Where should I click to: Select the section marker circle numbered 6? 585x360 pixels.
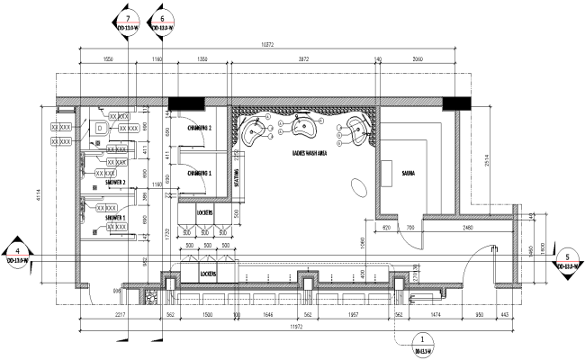coord(162,19)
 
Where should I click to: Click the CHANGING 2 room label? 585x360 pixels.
coord(199,129)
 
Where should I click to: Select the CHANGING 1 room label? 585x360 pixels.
coord(199,172)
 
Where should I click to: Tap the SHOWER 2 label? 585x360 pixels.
coord(121,183)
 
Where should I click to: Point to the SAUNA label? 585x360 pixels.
coord(408,172)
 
